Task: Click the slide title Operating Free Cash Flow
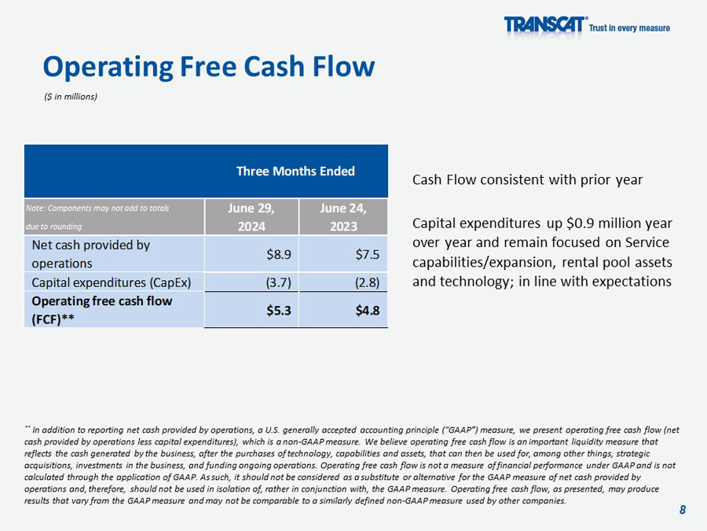(x=208, y=67)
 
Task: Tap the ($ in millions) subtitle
(x=71, y=97)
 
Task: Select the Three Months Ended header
(x=295, y=171)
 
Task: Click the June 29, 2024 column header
(x=251, y=216)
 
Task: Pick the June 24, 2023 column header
(x=343, y=216)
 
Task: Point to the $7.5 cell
(x=367, y=254)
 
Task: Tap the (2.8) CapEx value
(x=367, y=282)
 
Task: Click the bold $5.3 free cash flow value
(x=279, y=310)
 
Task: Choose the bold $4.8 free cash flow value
(x=367, y=310)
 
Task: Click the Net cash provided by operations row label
(x=90, y=254)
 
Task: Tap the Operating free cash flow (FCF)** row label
(x=101, y=310)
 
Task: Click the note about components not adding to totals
(x=98, y=216)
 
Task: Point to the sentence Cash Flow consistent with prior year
(x=527, y=179)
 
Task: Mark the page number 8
(x=683, y=510)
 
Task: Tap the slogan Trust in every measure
(x=629, y=28)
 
